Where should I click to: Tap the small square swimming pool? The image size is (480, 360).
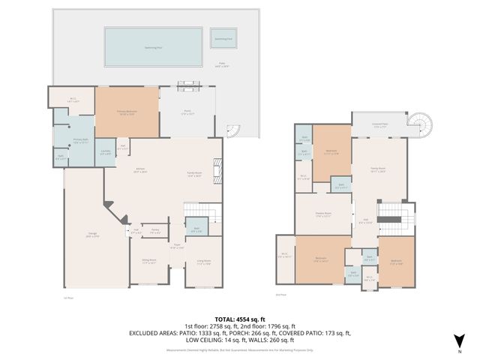[x=223, y=38]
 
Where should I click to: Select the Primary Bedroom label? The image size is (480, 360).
[x=126, y=112]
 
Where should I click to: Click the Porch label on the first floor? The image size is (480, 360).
[x=188, y=113]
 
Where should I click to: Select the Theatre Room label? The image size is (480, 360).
[x=323, y=214]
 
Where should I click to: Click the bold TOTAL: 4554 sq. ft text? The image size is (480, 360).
[x=239, y=317]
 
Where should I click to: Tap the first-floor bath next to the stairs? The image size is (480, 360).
[x=196, y=229]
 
